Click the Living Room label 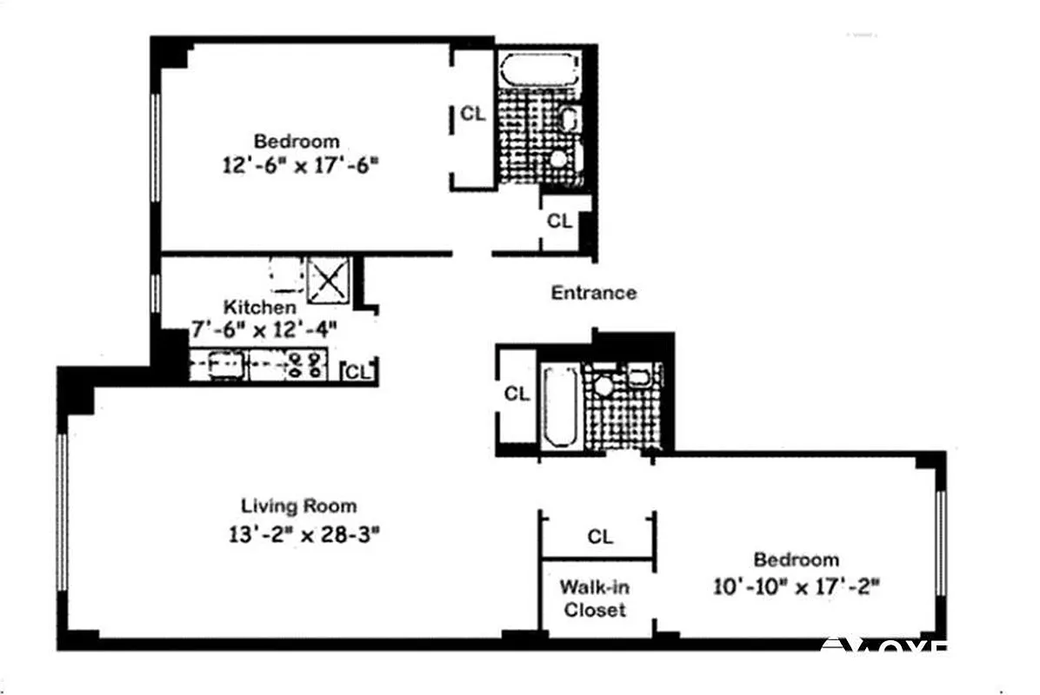pos(298,506)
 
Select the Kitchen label pos(259,307)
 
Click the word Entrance pos(593,293)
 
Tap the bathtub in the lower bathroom pos(560,405)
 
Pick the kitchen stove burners pos(305,364)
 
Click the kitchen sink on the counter pos(223,363)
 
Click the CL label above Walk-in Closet pos(599,537)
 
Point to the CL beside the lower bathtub pos(517,394)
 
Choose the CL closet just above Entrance pos(559,222)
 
